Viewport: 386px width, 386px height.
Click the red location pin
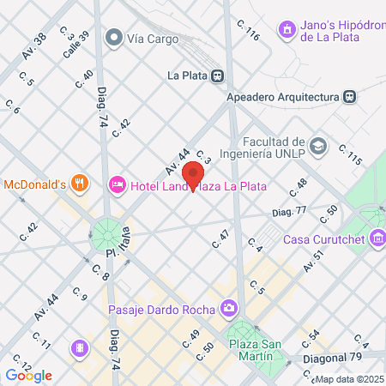coord(194,174)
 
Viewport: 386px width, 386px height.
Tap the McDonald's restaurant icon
coord(80,182)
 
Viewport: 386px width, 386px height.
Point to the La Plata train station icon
coord(219,75)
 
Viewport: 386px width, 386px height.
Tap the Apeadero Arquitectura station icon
coord(348,97)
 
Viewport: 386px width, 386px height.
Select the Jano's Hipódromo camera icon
coord(286,30)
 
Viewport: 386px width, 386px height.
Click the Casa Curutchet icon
coord(377,238)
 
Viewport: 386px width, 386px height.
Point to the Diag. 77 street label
coord(289,210)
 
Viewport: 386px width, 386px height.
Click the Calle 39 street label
coord(75,43)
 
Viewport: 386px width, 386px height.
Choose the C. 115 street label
coord(349,155)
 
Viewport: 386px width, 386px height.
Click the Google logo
coord(28,375)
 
